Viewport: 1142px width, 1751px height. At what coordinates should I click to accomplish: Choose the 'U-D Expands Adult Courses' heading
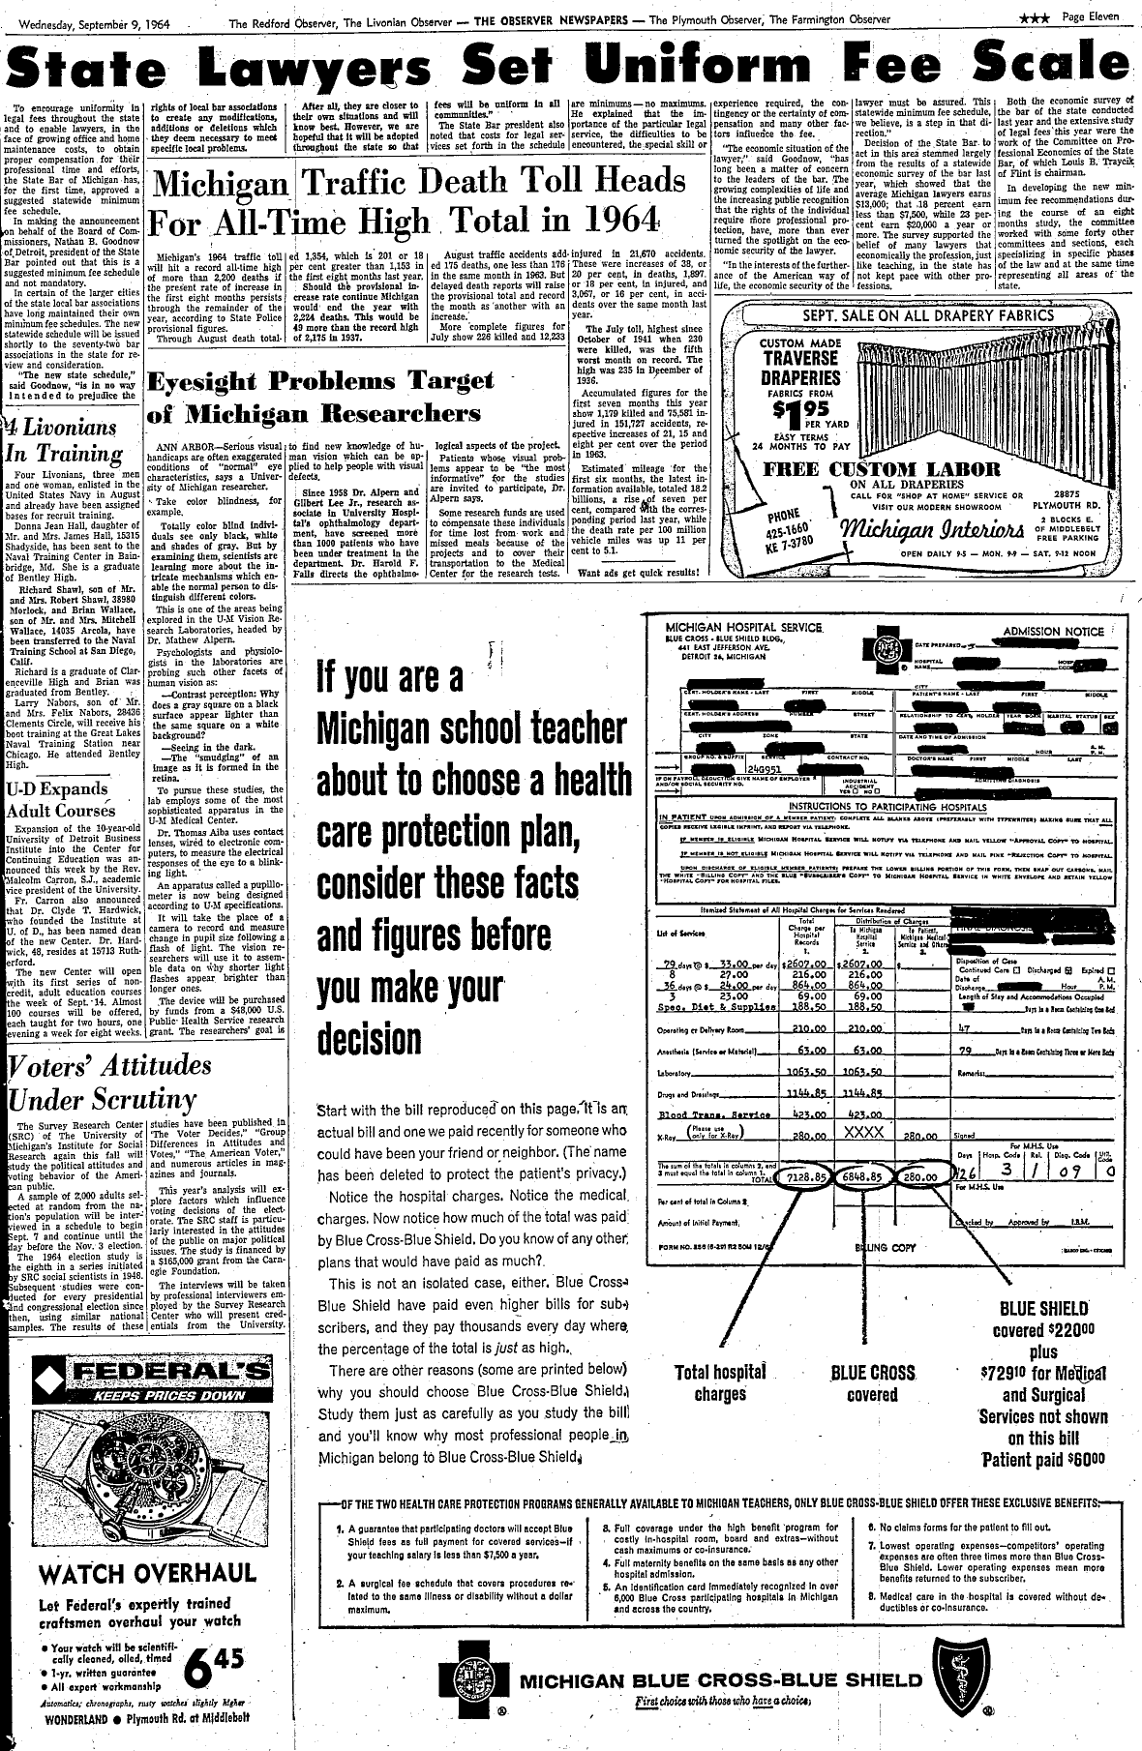pyautogui.click(x=60, y=800)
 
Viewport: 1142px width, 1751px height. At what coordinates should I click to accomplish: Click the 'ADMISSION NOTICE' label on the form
pyautogui.click(x=1052, y=632)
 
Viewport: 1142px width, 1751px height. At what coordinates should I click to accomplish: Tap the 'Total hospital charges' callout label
pyautogui.click(x=719, y=1382)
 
